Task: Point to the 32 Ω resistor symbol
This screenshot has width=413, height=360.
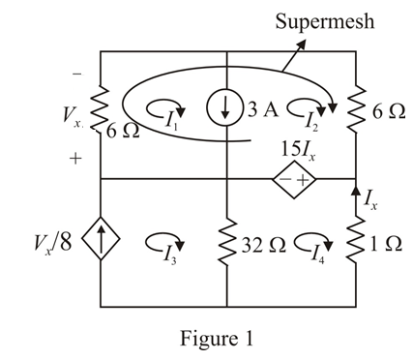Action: pos(225,242)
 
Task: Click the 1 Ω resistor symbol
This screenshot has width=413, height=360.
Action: pos(356,242)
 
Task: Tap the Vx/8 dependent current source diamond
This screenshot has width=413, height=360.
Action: pos(103,242)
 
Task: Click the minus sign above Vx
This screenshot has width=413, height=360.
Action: pos(76,74)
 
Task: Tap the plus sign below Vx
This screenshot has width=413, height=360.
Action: pos(75,159)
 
